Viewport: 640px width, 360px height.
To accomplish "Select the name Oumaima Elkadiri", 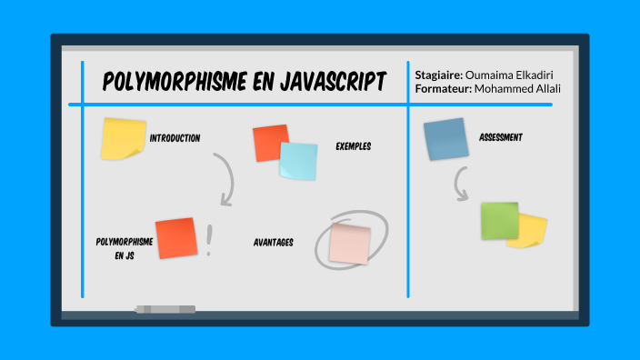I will (511, 75).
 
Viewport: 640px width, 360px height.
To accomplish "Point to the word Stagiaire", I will (438, 75).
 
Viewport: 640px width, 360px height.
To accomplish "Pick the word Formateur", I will (443, 88).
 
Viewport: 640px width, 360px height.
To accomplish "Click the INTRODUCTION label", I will (175, 138).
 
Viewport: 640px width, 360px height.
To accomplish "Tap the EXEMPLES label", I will (353, 146).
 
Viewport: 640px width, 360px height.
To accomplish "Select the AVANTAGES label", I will (273, 243).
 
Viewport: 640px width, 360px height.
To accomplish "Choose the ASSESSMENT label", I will (500, 138).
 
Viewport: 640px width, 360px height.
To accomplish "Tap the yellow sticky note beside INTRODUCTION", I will (123, 138).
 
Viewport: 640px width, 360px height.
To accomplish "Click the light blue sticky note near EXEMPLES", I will (298, 161).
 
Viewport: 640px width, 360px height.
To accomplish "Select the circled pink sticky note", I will (350, 243).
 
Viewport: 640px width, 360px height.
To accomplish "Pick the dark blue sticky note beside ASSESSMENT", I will (445, 139).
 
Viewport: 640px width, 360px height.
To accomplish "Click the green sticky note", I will (499, 221).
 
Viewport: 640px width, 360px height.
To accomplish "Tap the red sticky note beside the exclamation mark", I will (176, 238).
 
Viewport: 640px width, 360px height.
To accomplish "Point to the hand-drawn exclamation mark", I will (210, 240).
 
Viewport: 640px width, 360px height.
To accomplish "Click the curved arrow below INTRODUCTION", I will (224, 178).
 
